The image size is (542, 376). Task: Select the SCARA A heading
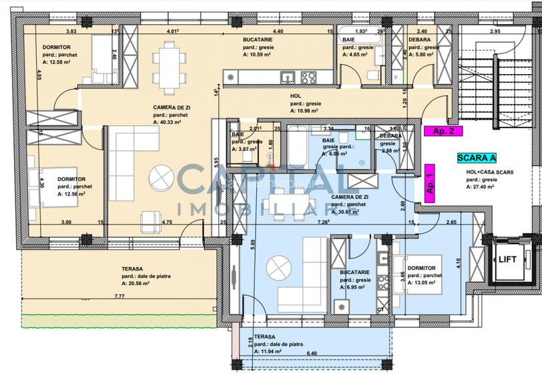tap(476, 158)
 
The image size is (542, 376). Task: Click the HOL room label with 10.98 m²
tap(296, 96)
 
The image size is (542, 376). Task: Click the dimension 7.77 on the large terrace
tap(119, 295)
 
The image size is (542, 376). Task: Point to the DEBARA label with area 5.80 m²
tap(421, 40)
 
